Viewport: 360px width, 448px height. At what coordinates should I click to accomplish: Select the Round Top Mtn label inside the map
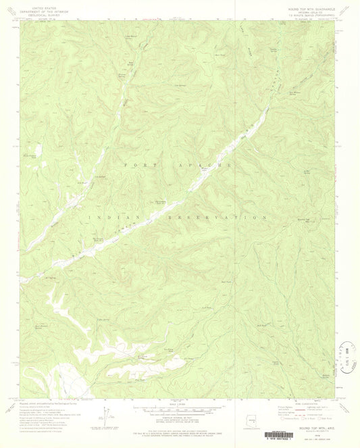point(303,220)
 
